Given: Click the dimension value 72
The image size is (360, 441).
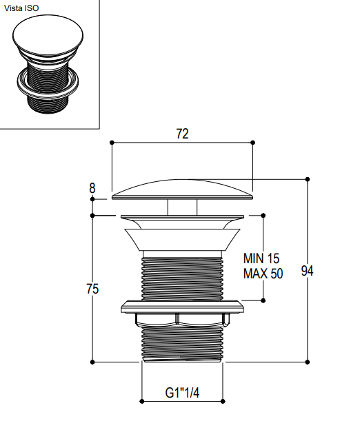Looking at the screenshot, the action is pos(182,134).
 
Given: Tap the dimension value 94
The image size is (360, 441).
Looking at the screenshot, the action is pos(307,271).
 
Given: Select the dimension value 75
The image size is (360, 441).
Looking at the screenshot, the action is pos(92,289).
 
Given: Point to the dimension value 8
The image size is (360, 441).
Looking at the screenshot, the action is pos(92,188).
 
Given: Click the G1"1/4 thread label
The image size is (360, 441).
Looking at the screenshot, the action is pos(182,393).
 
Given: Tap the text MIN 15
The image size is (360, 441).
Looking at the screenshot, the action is pos(261,258).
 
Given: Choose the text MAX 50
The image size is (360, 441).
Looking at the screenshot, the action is pos(263,274).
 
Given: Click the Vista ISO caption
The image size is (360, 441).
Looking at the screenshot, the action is pos(21,8).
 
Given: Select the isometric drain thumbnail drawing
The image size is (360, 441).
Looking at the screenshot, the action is pos(48,64).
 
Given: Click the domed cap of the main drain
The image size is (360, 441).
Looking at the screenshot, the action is pos(182,189).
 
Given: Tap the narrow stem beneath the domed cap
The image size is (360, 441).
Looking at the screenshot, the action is pos(182,207).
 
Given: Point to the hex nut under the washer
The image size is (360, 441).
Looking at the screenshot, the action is pos(182,320).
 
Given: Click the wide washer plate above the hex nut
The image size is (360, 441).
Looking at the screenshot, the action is pos(182,307).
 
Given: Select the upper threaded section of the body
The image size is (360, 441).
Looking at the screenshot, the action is pos(182,278).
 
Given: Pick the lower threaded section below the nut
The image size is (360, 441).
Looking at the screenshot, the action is pos(182,344).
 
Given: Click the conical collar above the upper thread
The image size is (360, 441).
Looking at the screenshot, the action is pos(182,239).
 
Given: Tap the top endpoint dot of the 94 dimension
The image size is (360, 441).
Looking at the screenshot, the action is pos(308,179).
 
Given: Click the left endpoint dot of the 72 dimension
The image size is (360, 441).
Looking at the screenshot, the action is pos(112,143).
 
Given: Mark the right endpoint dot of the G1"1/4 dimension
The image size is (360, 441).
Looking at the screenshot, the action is pos(223,401).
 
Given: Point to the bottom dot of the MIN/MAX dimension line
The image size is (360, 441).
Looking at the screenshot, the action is pos(263,300).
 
